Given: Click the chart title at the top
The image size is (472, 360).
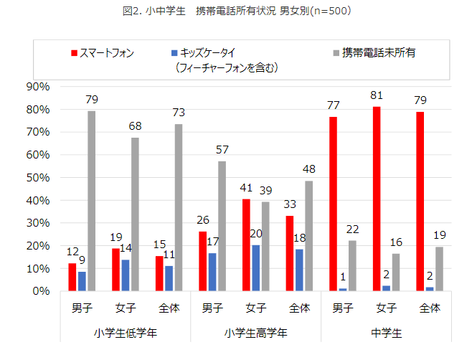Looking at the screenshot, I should pos(235,11).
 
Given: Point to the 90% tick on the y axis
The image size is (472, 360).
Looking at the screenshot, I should pos(36,87).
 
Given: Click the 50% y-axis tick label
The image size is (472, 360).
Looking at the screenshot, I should pos(36,178).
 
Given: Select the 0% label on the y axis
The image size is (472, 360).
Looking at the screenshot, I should pos(39,292).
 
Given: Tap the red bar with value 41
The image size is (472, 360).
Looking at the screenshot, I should pos(246,245).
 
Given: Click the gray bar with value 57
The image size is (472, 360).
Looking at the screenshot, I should pos(222,226).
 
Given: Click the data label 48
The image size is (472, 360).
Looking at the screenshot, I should pos(308,169).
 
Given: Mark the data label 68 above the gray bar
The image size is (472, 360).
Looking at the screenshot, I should pos(134,125).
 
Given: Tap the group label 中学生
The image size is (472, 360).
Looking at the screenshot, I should pos(386,333).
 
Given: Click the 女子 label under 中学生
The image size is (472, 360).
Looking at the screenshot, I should pos(386,308).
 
